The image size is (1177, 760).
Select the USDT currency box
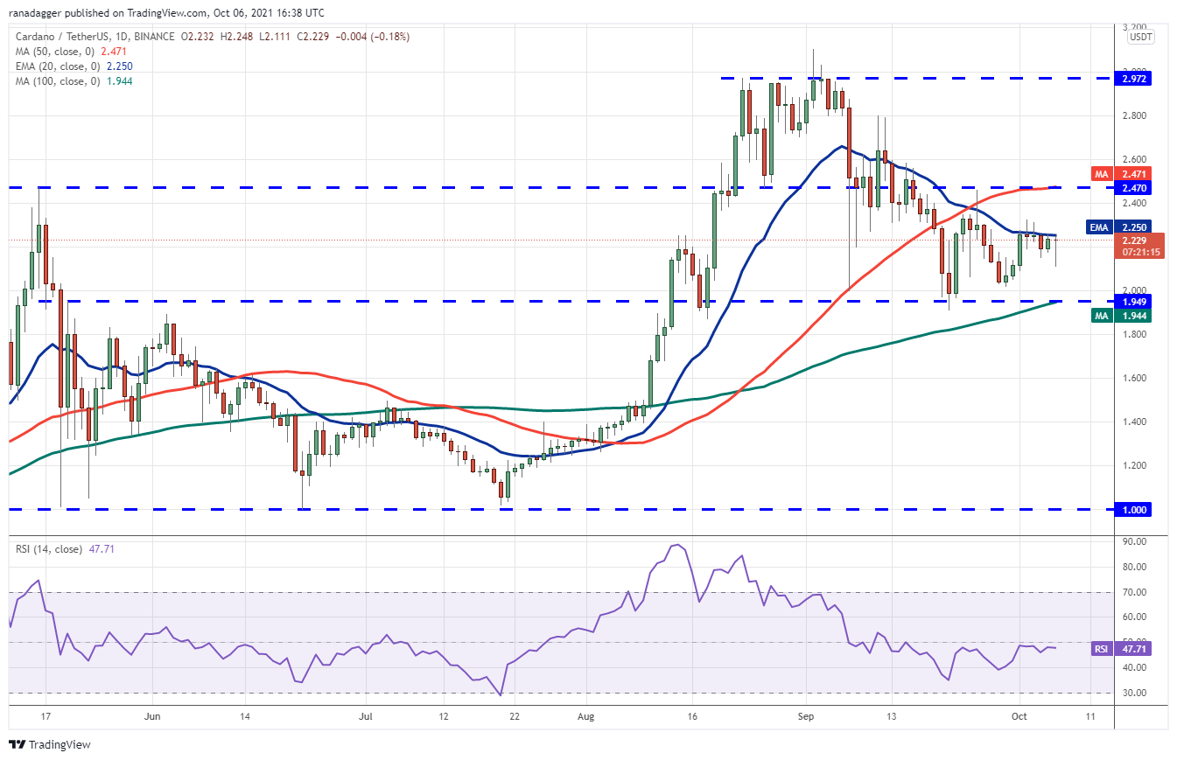(1140, 38)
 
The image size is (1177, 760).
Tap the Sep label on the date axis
(807, 715)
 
